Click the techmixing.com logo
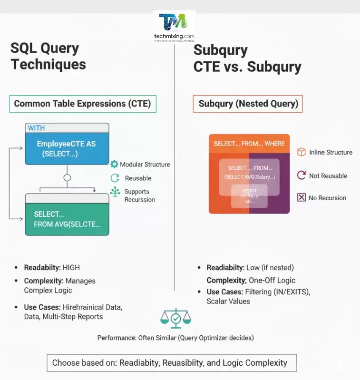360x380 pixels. pos(174,26)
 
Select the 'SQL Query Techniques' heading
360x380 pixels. pos(48,56)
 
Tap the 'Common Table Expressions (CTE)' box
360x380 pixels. pos(83,104)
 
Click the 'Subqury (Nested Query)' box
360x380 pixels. pos(248,104)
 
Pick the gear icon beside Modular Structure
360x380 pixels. pos(114,164)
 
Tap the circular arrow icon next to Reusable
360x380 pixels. pos(115,178)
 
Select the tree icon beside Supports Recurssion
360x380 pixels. pos(115,192)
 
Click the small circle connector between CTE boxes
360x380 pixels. pos(67,178)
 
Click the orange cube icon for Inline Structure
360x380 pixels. pos(302,152)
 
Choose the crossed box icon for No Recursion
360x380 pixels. pos(302,197)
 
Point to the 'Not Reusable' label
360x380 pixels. pos(328,175)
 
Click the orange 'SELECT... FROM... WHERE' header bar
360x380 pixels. pos(249,144)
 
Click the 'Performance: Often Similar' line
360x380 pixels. pos(175,338)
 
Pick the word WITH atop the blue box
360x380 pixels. pos(36,128)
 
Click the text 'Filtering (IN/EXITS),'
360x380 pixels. pos(278,292)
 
